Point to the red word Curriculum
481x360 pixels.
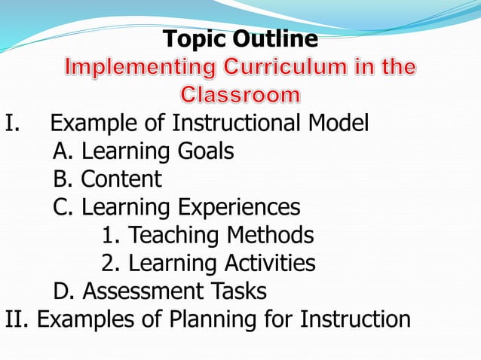point(276,67)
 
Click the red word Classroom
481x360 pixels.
point(240,95)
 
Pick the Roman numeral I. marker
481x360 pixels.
point(11,124)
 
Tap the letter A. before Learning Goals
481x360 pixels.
point(63,151)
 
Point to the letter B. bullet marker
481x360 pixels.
point(63,179)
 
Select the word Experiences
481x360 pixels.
point(239,207)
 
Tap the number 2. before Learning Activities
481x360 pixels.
point(110,263)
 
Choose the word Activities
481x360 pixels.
point(269,263)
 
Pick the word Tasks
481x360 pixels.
point(238,291)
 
